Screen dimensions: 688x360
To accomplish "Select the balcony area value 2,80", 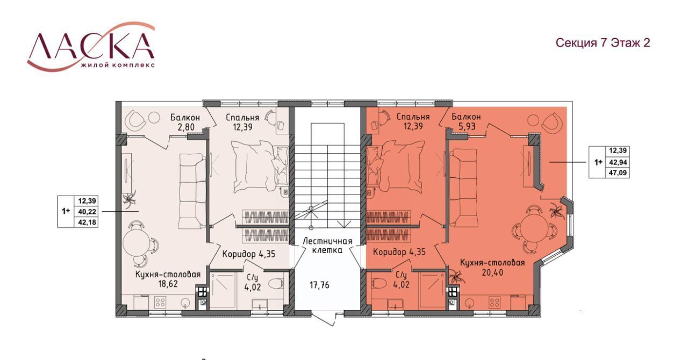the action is tap(186, 127).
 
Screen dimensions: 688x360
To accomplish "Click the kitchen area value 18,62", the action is tap(168, 284).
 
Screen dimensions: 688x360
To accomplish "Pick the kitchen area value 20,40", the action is tap(493, 272).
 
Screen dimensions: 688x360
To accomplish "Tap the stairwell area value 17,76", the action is tap(319, 285).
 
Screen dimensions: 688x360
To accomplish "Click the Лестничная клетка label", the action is tap(327, 246).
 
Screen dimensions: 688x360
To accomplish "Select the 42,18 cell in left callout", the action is tap(87, 222).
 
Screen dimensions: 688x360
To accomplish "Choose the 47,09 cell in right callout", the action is tap(618, 173).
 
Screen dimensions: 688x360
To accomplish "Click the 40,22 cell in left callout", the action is tap(87, 212).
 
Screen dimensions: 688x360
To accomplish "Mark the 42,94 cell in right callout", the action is tap(618, 162).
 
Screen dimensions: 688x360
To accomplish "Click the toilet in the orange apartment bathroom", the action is tap(380, 283).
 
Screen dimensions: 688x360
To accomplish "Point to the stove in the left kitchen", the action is tap(161, 303).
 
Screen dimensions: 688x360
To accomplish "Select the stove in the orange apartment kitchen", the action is tap(495, 303).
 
